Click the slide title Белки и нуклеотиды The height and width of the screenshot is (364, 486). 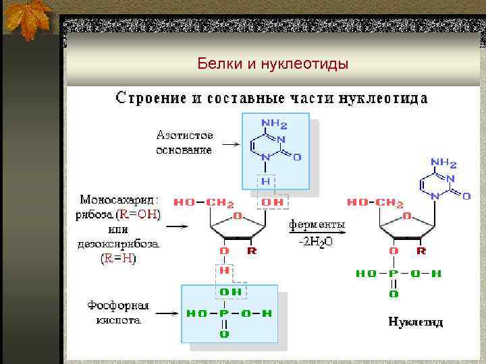click(273, 64)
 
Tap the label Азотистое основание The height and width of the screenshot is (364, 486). click(185, 142)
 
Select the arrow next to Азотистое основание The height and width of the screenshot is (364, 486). click(230, 144)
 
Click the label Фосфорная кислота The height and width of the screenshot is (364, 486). click(118, 313)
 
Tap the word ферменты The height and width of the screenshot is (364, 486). click(316, 224)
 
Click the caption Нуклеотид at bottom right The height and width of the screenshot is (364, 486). click(416, 322)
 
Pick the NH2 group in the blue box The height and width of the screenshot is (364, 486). click(275, 125)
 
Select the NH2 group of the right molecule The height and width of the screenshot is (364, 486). click(443, 163)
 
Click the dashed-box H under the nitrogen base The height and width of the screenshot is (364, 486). click(266, 181)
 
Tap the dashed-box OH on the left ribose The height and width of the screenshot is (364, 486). click(273, 202)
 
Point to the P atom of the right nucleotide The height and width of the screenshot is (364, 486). click(394, 273)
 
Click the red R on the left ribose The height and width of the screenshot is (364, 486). click(252, 251)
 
